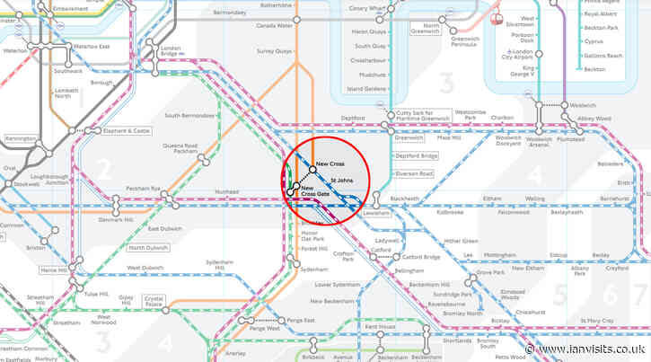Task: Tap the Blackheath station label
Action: pyautogui.click(x=405, y=199)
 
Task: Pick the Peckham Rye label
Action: pyautogui.click(x=143, y=188)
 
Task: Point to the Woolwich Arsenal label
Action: pyautogui.click(x=539, y=141)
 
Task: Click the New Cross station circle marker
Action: pyautogui.click(x=311, y=169)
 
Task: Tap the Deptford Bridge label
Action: pyautogui.click(x=416, y=155)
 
